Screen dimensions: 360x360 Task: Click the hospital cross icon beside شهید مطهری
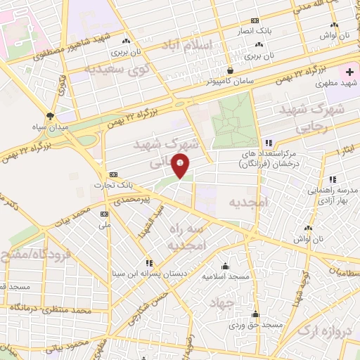click(350, 72)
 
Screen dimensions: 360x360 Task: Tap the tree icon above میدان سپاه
click(50, 115)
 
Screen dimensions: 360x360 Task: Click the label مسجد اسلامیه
click(226, 276)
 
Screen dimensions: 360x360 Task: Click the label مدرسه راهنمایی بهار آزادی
click(329, 196)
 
